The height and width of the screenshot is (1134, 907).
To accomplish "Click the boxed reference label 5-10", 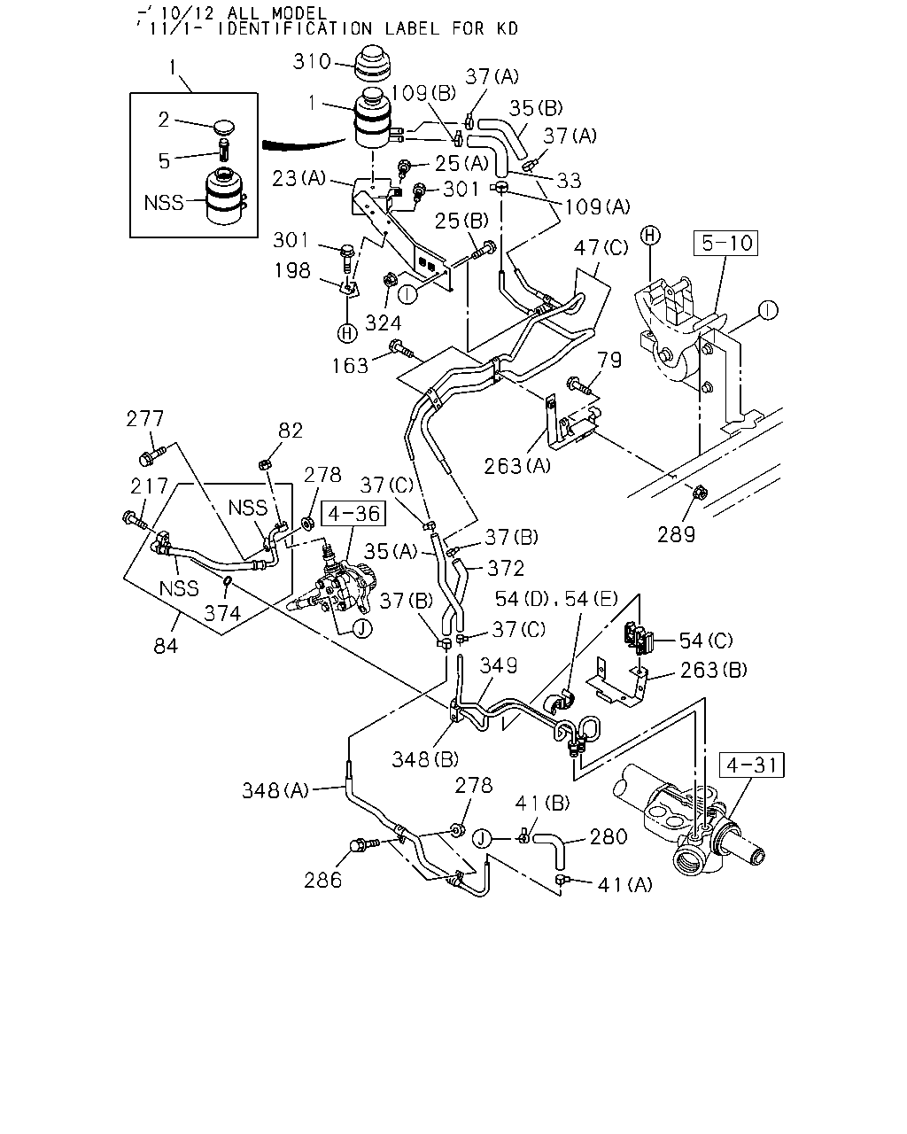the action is (725, 243).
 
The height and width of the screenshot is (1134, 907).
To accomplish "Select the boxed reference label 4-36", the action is (353, 513).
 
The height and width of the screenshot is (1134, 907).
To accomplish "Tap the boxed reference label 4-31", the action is (751, 765).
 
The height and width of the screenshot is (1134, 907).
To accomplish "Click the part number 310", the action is (312, 62).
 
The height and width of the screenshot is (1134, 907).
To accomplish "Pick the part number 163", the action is (350, 365).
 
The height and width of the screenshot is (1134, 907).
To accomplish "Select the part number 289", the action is (676, 534).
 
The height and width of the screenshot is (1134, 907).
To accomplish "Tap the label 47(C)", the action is (601, 247).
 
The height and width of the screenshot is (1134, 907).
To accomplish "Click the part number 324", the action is (384, 322).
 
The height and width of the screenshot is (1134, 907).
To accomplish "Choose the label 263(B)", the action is (714, 670).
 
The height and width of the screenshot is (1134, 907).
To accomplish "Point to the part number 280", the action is (609, 836).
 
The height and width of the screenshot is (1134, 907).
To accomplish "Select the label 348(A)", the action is (275, 790).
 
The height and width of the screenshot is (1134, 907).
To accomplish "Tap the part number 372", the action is (506, 568).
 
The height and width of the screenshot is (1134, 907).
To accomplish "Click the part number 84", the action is (166, 646).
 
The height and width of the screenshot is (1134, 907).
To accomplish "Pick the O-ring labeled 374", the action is (227, 581).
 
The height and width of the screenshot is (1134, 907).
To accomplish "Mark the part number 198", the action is (292, 270).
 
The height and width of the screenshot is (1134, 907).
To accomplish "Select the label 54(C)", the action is (706, 641).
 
